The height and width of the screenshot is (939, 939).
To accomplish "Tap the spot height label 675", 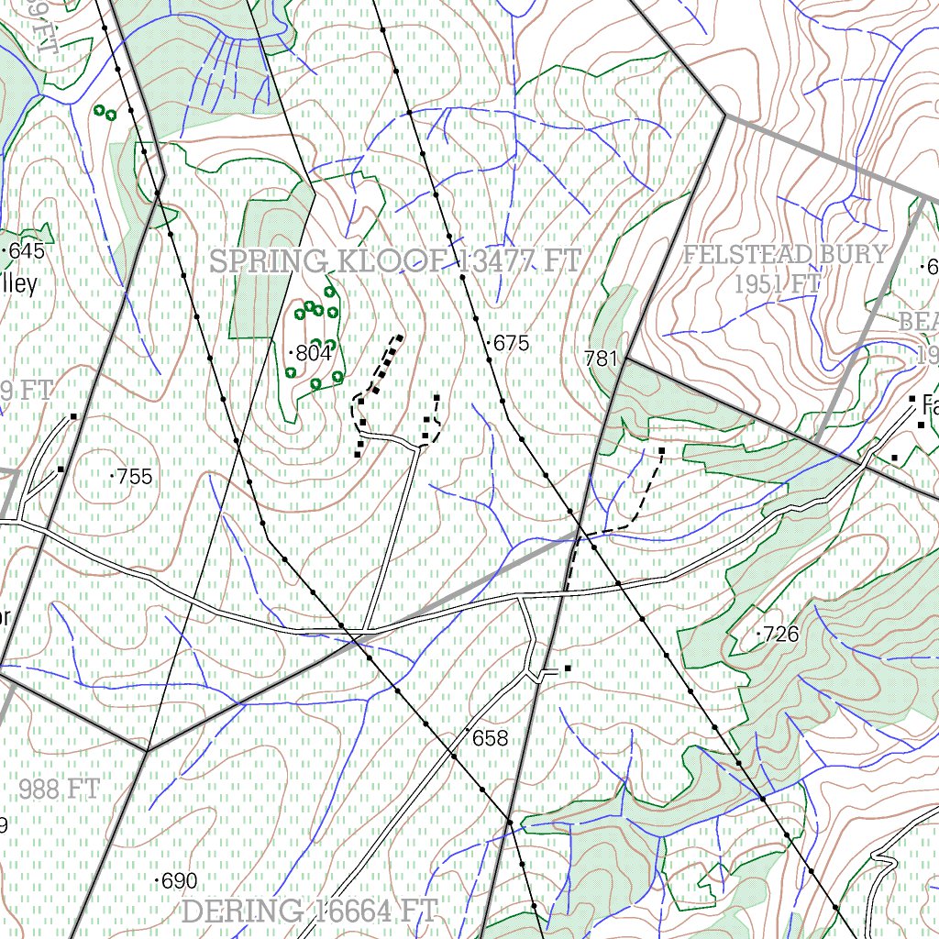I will pyautogui.click(x=512, y=344).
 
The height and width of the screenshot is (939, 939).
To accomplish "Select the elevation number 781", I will pyautogui.click(x=601, y=359).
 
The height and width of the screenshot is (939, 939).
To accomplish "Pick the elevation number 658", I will pyautogui.click(x=490, y=738).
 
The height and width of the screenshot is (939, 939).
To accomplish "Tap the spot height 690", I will pyautogui.click(x=179, y=881).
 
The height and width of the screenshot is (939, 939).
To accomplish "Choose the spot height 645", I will pyautogui.click(x=28, y=250).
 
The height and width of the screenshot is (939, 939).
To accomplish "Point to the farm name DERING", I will pyautogui.click(x=242, y=911).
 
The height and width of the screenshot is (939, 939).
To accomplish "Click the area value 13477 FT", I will pyautogui.click(x=519, y=261).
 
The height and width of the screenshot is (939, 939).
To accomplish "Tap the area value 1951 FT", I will pyautogui.click(x=776, y=284).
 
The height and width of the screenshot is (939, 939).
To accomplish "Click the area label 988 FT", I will pyautogui.click(x=59, y=788).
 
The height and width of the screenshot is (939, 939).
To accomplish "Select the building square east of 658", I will pyautogui.click(x=568, y=668).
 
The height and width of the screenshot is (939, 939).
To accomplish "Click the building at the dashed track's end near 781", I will pyautogui.click(x=661, y=451).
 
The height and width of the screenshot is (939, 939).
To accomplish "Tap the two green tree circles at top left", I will pyautogui.click(x=105, y=113).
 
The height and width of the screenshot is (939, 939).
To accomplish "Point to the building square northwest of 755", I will pyautogui.click(x=73, y=418).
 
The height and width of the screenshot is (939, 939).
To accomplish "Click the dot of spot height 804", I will pyautogui.click(x=291, y=352).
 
